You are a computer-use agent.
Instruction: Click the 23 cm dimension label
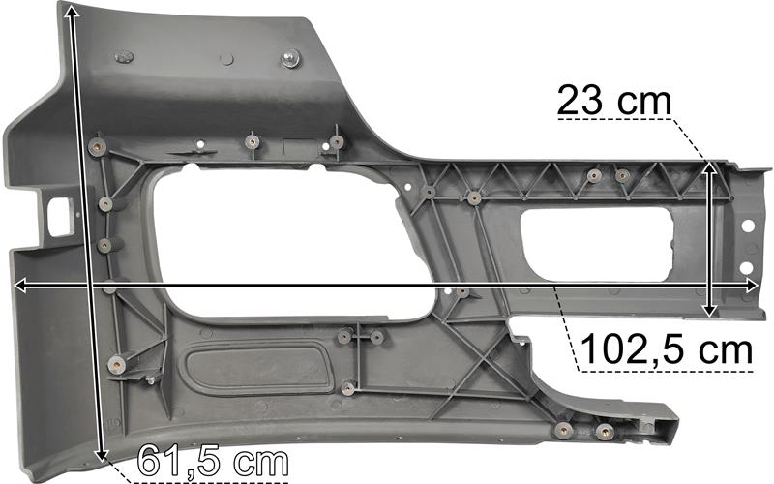614,101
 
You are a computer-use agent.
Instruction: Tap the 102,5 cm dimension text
668,348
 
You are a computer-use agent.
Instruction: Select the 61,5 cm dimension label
213,461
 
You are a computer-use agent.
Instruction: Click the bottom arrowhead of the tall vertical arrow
102,454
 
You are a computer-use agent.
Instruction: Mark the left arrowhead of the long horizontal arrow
20,285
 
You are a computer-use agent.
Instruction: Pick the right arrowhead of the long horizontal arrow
751,285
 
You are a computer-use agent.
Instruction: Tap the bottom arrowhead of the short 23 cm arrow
709,309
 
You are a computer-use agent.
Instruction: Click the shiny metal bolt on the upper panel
292,59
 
